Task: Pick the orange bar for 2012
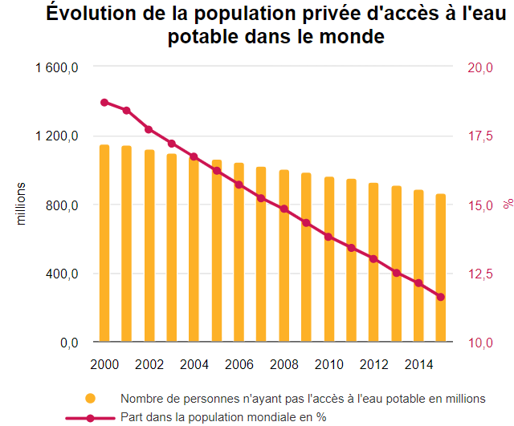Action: click(x=373, y=262)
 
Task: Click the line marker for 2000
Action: click(x=104, y=103)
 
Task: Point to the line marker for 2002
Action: click(x=149, y=129)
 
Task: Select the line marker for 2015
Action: click(x=441, y=297)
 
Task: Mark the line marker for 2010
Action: click(x=328, y=237)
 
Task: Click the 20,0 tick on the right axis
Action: click(x=479, y=67)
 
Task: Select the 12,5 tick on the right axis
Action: click(x=479, y=274)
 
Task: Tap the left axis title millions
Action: click(x=22, y=205)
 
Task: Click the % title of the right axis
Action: click(x=508, y=205)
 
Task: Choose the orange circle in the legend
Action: click(x=91, y=398)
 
